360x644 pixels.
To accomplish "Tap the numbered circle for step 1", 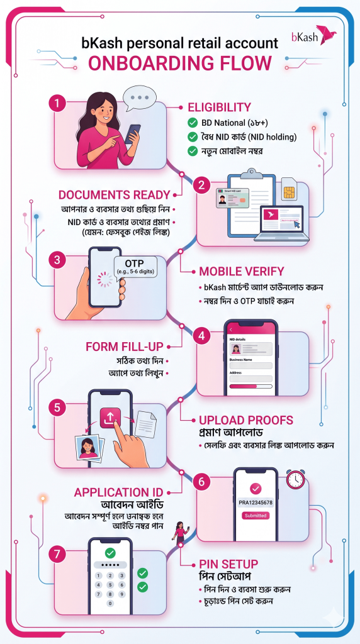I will tap(59, 103).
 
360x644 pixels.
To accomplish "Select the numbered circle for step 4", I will tap(202, 336).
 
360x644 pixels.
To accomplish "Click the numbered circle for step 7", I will tap(59, 554).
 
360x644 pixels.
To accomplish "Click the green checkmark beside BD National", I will tap(193, 123).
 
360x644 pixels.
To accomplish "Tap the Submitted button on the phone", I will tap(256, 516).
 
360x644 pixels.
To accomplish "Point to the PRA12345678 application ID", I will tap(256, 503).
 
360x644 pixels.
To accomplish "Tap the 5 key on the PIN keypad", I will tap(111, 584).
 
